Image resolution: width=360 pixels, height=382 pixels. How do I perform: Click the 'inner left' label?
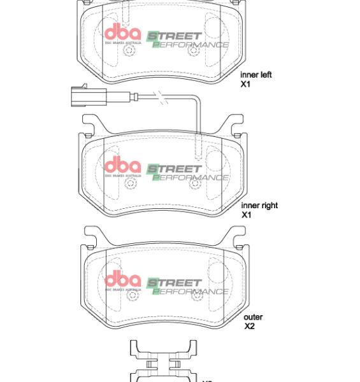(256, 75)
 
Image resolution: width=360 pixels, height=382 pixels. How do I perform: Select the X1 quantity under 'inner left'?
(245, 84)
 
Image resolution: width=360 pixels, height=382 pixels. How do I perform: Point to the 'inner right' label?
(259, 206)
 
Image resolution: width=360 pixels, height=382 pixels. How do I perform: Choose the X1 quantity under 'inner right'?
(247, 215)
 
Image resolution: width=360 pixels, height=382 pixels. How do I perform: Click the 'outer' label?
(253, 317)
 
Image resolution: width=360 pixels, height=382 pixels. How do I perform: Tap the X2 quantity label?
(250, 326)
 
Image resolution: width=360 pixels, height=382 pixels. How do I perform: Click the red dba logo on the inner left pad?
(122, 34)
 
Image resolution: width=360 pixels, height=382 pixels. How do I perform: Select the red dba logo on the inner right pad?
(122, 167)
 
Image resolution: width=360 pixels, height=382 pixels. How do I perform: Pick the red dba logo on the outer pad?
(122, 280)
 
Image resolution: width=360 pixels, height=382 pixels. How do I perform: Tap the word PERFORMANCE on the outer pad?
(191, 292)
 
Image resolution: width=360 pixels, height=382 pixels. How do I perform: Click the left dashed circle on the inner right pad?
(131, 184)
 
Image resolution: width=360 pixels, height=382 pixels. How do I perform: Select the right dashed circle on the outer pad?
(196, 294)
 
